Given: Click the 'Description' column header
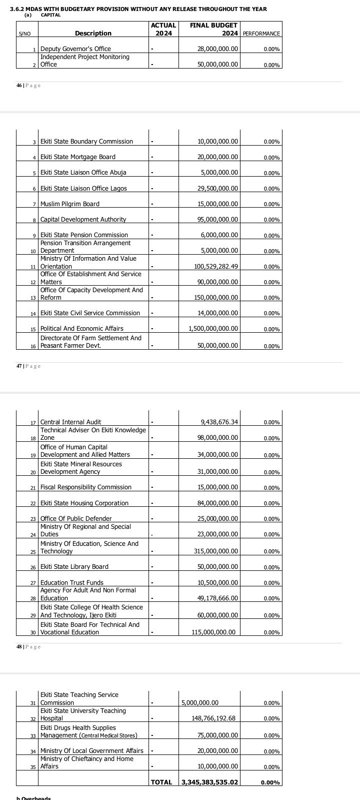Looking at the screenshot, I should [x=93, y=34].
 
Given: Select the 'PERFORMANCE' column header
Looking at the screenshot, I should [x=261, y=34].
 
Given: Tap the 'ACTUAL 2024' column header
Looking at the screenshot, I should [x=163, y=29].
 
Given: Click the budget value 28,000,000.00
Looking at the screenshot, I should [x=218, y=49].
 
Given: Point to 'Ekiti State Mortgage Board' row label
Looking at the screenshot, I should [x=77, y=157].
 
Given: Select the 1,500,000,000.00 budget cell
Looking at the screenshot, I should [x=213, y=329].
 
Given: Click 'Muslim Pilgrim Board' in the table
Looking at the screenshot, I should [x=69, y=204].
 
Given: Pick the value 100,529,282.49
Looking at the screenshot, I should [x=216, y=267].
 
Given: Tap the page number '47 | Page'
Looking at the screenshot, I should [x=28, y=366].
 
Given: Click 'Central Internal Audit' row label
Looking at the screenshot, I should [x=70, y=422].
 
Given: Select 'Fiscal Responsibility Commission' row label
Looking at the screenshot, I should [x=85, y=487].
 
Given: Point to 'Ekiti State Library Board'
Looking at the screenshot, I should [x=74, y=567].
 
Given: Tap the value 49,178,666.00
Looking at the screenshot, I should [x=218, y=598].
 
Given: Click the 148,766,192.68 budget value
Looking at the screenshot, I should [x=213, y=718].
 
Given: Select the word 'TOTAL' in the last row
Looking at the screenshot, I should [x=161, y=782].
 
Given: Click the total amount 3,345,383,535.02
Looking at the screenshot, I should [x=210, y=782].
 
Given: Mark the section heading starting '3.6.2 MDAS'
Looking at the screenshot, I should [x=138, y=9].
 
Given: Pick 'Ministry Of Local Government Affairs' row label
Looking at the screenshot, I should [x=91, y=751].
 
